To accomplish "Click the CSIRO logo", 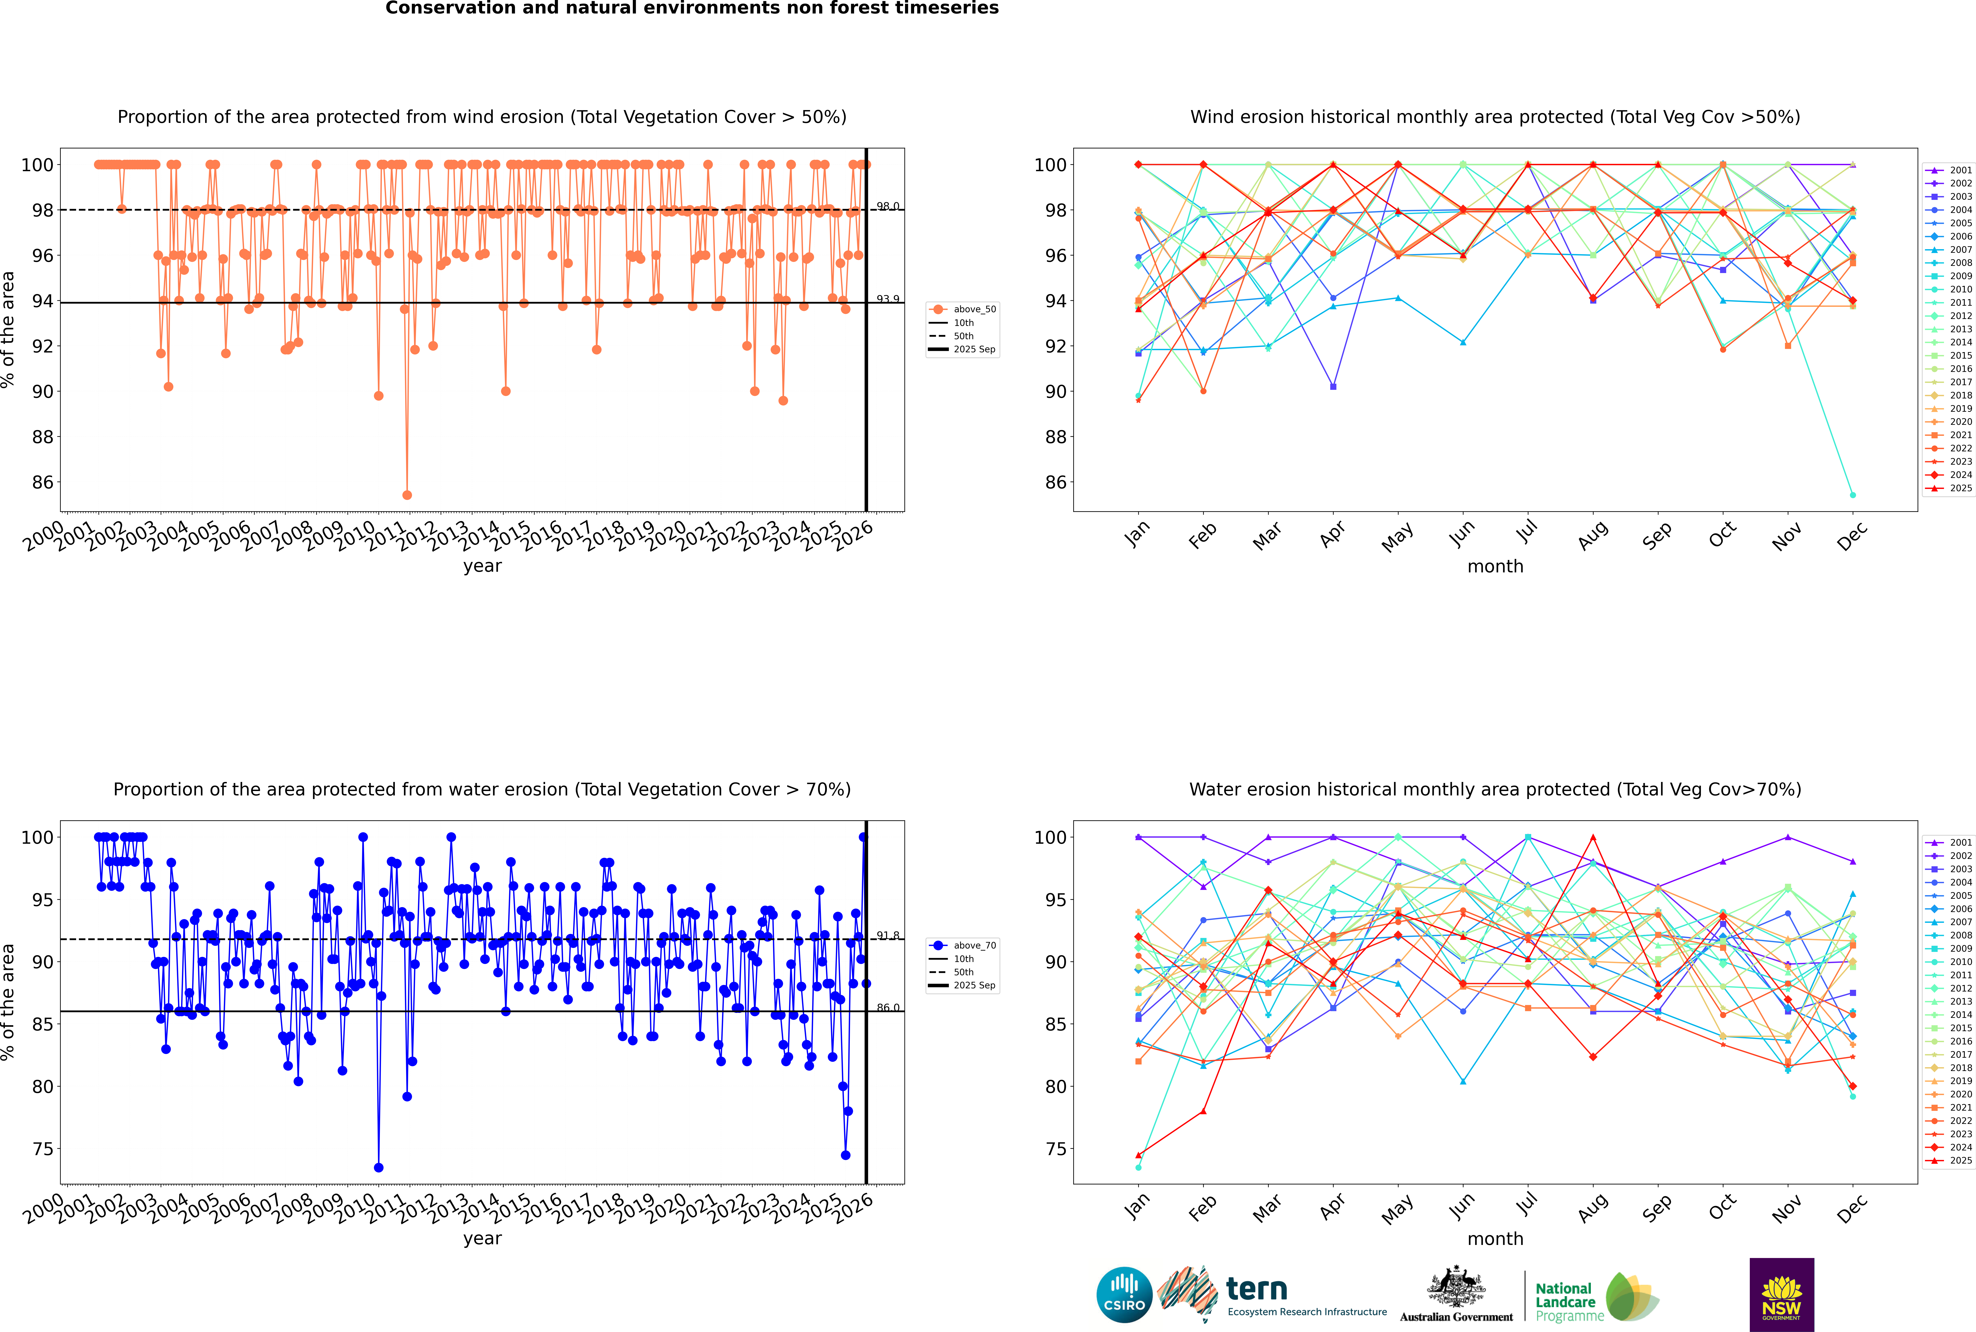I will [x=1124, y=1295].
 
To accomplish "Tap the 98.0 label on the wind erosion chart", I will [x=888, y=206].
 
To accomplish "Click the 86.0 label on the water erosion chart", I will [x=888, y=1008].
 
